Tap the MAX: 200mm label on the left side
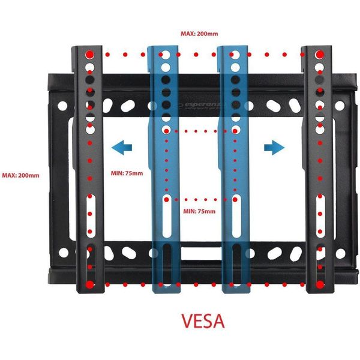pyautogui.click(x=20, y=175)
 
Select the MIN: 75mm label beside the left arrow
pyautogui.click(x=127, y=174)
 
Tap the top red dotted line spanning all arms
pyautogui.click(x=201, y=53)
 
